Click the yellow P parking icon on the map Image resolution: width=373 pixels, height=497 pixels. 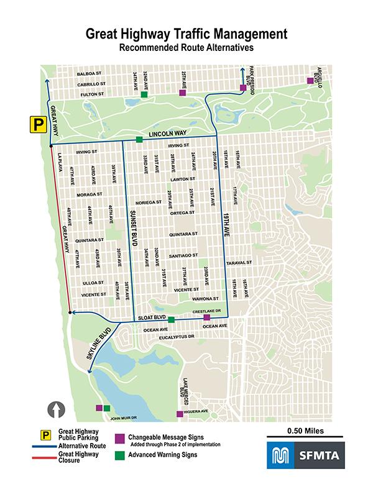pyautogui.click(x=37, y=124)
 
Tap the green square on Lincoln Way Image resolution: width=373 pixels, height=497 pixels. pyautogui.click(x=139, y=139)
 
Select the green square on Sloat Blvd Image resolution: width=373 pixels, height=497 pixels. pyautogui.click(x=171, y=320)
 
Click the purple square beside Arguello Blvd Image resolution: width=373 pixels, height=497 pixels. pyautogui.click(x=310, y=81)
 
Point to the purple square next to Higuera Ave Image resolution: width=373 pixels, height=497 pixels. pyautogui.click(x=180, y=414)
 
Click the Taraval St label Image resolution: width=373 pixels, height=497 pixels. pyautogui.click(x=238, y=263)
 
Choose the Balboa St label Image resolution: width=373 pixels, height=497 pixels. pyautogui.click(x=89, y=74)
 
